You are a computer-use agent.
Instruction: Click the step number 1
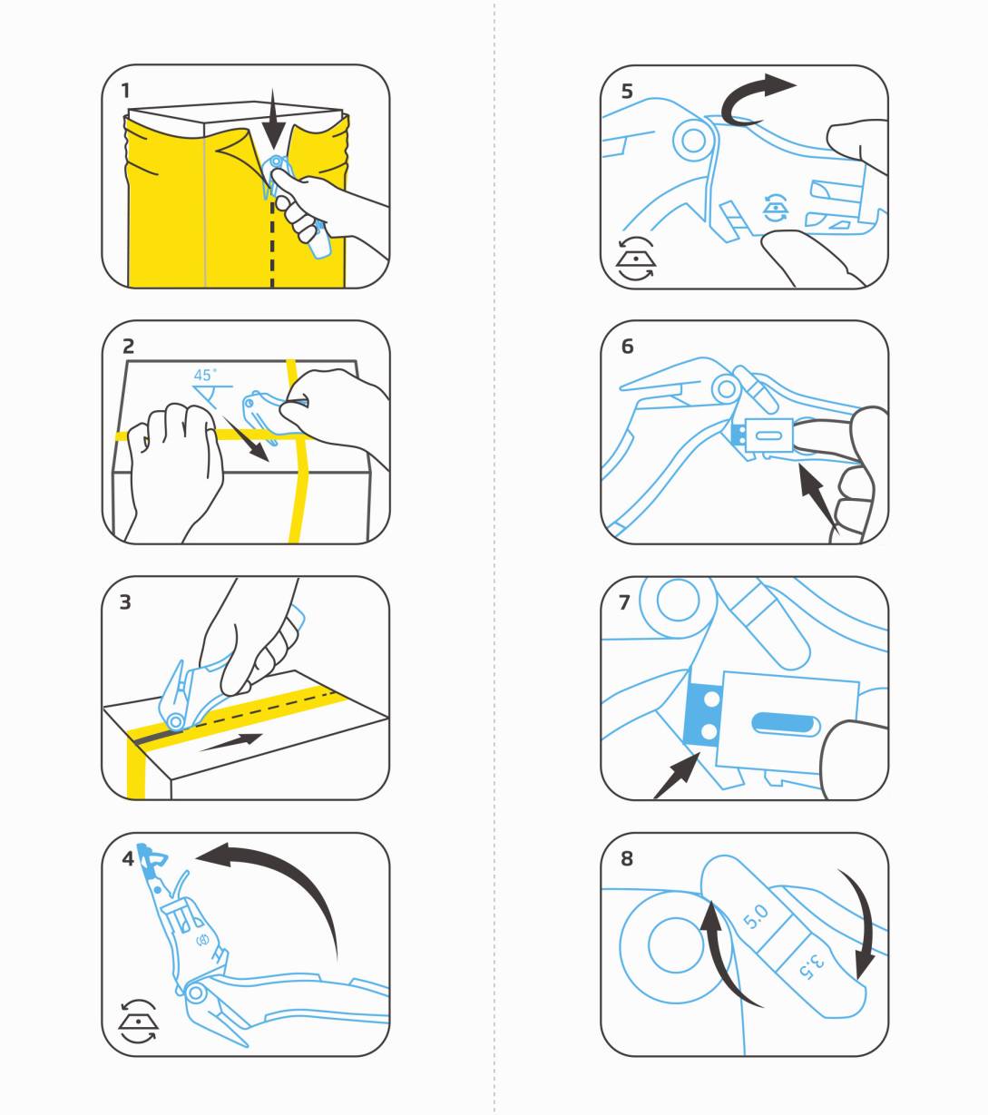click(x=125, y=90)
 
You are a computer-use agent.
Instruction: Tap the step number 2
click(x=128, y=347)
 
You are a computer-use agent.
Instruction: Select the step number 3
click(x=125, y=602)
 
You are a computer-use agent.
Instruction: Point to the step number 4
click(x=128, y=858)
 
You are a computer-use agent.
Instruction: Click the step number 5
click(x=627, y=91)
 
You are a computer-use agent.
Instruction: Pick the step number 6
click(x=628, y=347)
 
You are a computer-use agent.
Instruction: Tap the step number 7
click(x=624, y=602)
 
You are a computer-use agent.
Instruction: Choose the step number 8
click(x=627, y=858)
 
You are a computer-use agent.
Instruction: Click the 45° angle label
click(x=205, y=375)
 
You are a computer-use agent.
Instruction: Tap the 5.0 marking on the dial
click(x=755, y=916)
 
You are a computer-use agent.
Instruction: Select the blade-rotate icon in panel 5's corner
click(x=636, y=259)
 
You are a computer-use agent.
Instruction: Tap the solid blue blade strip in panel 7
click(x=703, y=715)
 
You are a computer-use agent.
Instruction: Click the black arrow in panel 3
click(x=231, y=742)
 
